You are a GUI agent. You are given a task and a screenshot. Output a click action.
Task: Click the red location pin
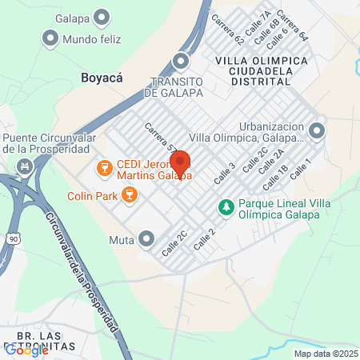(x=180, y=163)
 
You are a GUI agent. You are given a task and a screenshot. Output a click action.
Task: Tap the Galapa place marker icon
(x=102, y=16)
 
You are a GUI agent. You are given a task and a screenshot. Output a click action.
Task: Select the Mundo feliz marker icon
(x=50, y=37)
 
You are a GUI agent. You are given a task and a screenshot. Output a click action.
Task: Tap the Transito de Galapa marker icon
(x=182, y=61)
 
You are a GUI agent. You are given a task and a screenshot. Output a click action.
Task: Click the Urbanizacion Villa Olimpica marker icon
(x=318, y=130)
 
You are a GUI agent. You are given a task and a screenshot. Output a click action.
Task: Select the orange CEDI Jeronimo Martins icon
(x=102, y=168)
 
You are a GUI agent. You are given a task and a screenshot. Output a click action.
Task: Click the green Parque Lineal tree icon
(x=226, y=207)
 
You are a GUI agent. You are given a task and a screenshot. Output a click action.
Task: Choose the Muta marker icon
(x=146, y=238)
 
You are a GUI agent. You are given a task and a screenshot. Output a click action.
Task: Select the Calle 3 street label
(x=226, y=174)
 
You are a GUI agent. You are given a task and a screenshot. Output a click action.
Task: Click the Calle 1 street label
(x=299, y=168)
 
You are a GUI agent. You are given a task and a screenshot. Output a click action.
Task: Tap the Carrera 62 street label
(x=228, y=29)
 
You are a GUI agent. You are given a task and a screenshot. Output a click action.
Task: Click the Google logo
(x=26, y=350)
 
